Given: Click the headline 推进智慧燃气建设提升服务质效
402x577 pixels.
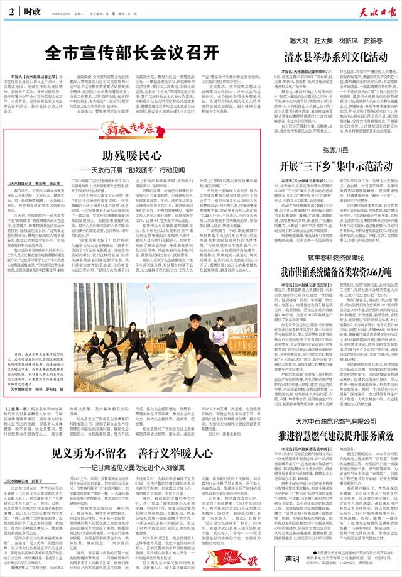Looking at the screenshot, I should [x=334, y=452].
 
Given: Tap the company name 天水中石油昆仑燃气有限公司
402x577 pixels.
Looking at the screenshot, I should [x=334, y=437].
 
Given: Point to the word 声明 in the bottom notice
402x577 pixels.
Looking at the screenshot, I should [x=290, y=559].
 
